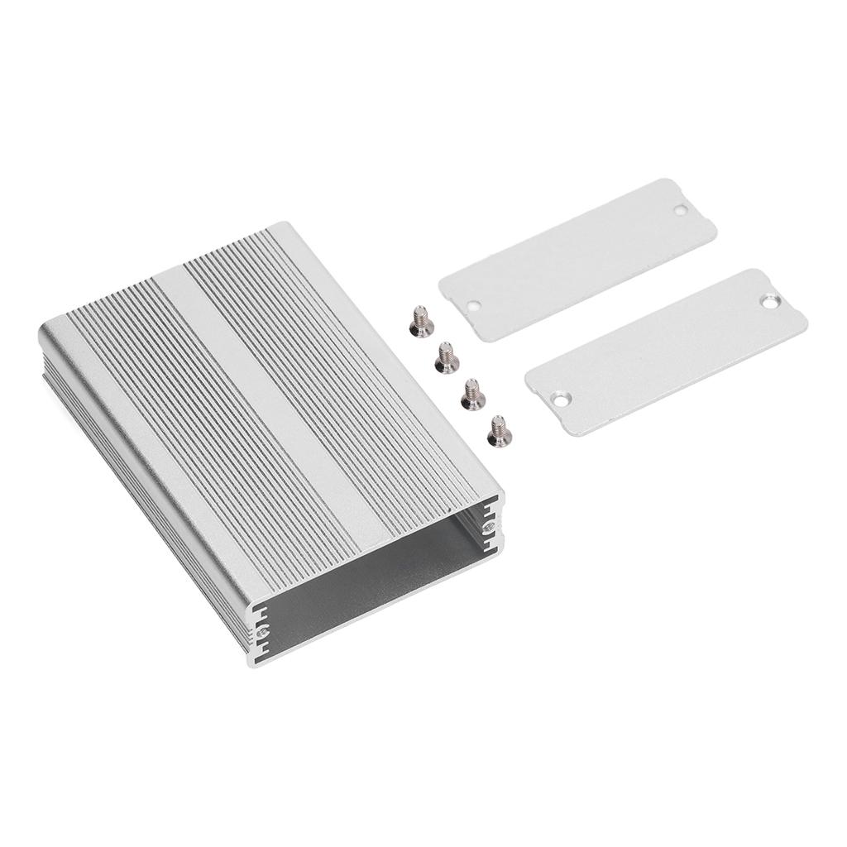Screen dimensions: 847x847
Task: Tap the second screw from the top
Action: pos(446,357)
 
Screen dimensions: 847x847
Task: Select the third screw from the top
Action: pos(471,393)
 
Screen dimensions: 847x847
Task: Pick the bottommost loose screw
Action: pos(499,429)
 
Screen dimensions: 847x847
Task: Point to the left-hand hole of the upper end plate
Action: pos(473,305)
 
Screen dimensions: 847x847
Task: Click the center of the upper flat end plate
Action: pos(577,259)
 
